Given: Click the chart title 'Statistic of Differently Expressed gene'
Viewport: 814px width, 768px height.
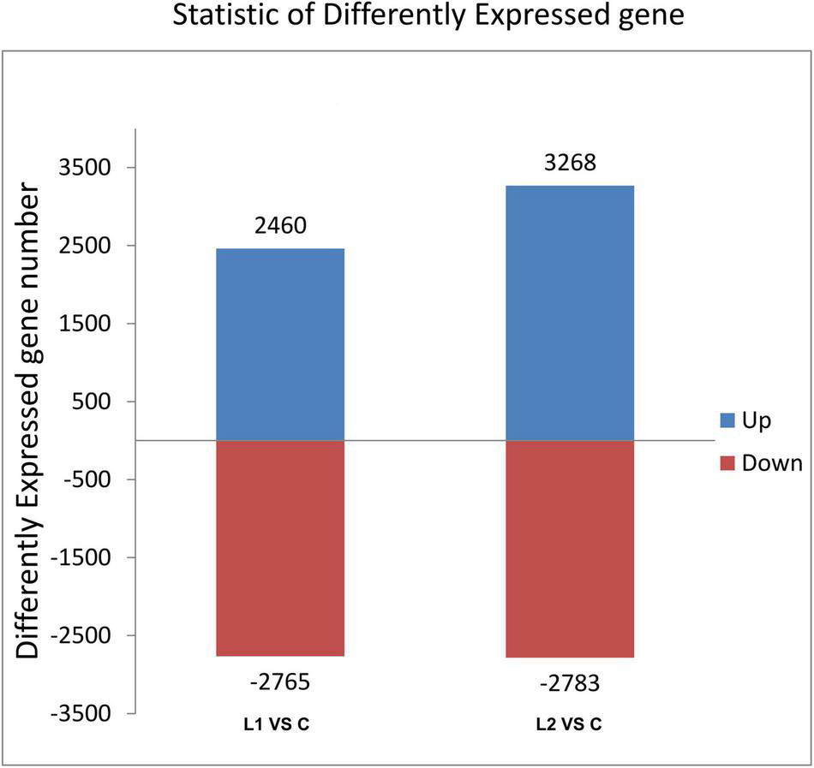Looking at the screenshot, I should (x=428, y=16).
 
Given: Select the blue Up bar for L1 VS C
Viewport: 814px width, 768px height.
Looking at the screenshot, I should (x=280, y=344).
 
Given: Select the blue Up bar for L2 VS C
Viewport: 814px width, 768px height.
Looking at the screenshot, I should (x=570, y=313).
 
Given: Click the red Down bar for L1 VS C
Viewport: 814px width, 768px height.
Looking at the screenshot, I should (x=280, y=548).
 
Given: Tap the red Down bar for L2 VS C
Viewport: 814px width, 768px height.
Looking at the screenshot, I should (x=570, y=549).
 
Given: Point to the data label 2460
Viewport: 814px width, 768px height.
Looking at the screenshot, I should (x=280, y=226).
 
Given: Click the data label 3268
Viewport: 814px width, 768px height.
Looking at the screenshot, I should (x=570, y=163).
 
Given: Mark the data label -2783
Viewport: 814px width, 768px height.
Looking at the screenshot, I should (x=570, y=684).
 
